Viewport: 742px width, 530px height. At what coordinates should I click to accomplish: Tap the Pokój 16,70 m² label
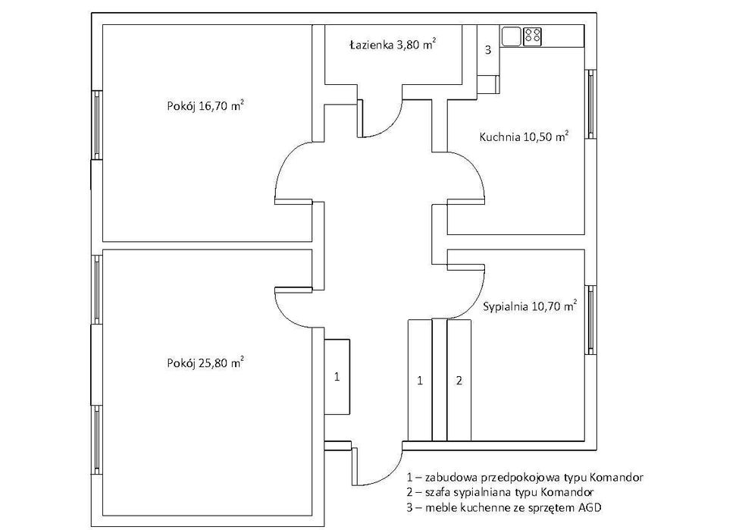point(205,105)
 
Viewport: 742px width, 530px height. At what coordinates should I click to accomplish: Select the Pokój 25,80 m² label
point(205,363)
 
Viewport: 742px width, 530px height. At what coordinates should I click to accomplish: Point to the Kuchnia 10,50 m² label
point(524,136)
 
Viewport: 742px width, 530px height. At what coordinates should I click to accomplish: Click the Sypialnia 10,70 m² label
point(530,306)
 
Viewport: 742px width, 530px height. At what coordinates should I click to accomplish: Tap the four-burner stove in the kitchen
point(532,36)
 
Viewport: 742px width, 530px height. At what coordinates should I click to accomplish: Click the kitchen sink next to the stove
point(511,36)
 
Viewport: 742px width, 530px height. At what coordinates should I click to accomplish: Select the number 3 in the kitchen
point(488,49)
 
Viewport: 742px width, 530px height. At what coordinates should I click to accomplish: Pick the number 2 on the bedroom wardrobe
point(459,381)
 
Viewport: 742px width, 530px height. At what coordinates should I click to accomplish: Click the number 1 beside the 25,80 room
point(337,377)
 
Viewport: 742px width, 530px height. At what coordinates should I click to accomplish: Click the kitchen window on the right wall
point(590,104)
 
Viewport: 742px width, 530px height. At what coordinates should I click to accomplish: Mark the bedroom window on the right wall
point(590,319)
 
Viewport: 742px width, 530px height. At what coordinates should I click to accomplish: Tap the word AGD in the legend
point(590,508)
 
